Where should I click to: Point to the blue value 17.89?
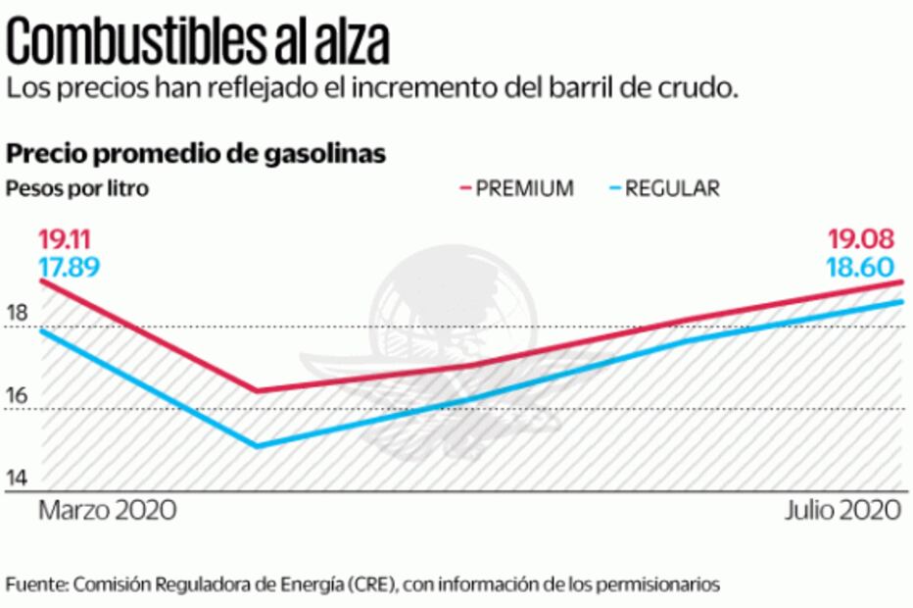[x=69, y=267]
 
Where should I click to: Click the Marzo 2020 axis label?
[x=107, y=511]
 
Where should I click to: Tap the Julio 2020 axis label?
[x=841, y=511]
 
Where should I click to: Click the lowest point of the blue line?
[x=257, y=446]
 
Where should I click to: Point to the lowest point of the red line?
[x=257, y=390]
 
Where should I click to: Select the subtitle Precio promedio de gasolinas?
[x=196, y=154]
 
